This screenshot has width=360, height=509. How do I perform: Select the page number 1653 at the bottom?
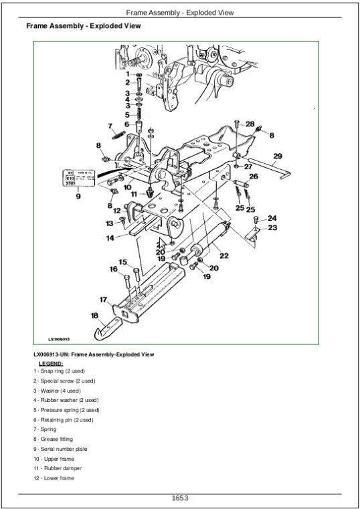pos(179,498)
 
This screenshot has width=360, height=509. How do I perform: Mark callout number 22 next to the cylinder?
pos(224,256)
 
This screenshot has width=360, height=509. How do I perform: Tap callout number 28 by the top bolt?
pos(250,124)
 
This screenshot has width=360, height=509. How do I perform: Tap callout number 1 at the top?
pos(128,74)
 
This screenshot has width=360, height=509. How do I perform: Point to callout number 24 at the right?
pos(272,219)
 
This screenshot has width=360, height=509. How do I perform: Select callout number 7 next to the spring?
pos(110,126)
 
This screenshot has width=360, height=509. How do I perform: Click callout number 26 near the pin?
pos(253,177)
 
